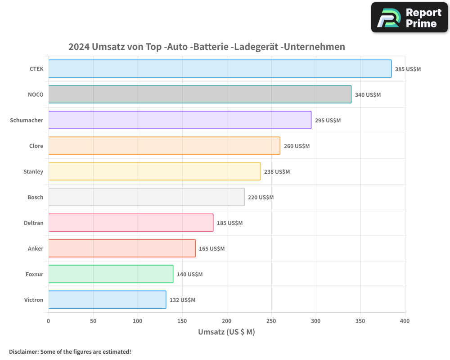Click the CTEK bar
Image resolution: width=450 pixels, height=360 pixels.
[x=220, y=69]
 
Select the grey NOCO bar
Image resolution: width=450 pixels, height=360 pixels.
[x=200, y=94]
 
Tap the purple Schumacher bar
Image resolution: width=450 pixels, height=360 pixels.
[x=180, y=120]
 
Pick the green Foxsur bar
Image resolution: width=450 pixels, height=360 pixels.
[x=111, y=274]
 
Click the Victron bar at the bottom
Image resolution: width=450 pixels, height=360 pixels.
[x=107, y=300]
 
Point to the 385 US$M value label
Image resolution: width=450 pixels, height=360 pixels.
[x=408, y=69]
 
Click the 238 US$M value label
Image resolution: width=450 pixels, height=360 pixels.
[x=277, y=172]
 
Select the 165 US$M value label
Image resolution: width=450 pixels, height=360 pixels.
[x=211, y=249]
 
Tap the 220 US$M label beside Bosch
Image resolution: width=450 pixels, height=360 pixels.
[x=261, y=198]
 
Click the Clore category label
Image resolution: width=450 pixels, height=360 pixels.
[x=36, y=146]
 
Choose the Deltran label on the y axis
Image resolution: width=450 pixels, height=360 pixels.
[x=34, y=223]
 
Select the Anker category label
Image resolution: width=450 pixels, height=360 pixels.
[x=36, y=248]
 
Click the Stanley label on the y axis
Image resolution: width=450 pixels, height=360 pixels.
[x=33, y=171]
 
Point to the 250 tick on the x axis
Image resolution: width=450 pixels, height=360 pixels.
[x=271, y=321]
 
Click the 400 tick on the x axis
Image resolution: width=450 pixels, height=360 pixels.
[x=405, y=321]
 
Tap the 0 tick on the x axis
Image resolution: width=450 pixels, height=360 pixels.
[x=49, y=321]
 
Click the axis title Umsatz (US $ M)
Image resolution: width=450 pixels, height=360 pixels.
[x=226, y=332]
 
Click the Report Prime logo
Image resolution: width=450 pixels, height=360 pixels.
[x=409, y=18]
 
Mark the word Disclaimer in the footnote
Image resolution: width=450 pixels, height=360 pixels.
[x=23, y=351]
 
